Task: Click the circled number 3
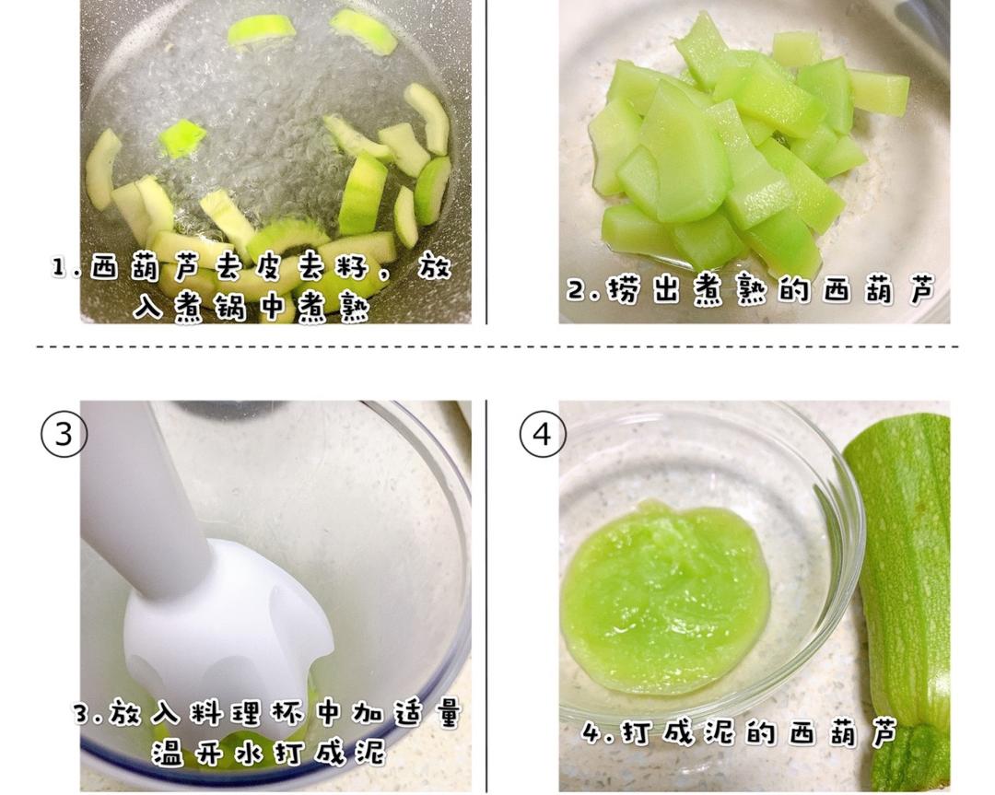pyautogui.click(x=64, y=435)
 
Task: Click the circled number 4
pyautogui.click(x=543, y=435)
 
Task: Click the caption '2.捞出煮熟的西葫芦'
pyautogui.click(x=752, y=290)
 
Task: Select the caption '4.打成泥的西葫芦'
pyautogui.click(x=739, y=733)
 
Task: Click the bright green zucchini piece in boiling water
pyautogui.click(x=182, y=137)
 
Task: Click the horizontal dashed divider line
pyautogui.click(x=497, y=347)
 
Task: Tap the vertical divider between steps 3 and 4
pyautogui.click(x=486, y=595)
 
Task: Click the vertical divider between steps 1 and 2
pyautogui.click(x=486, y=162)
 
